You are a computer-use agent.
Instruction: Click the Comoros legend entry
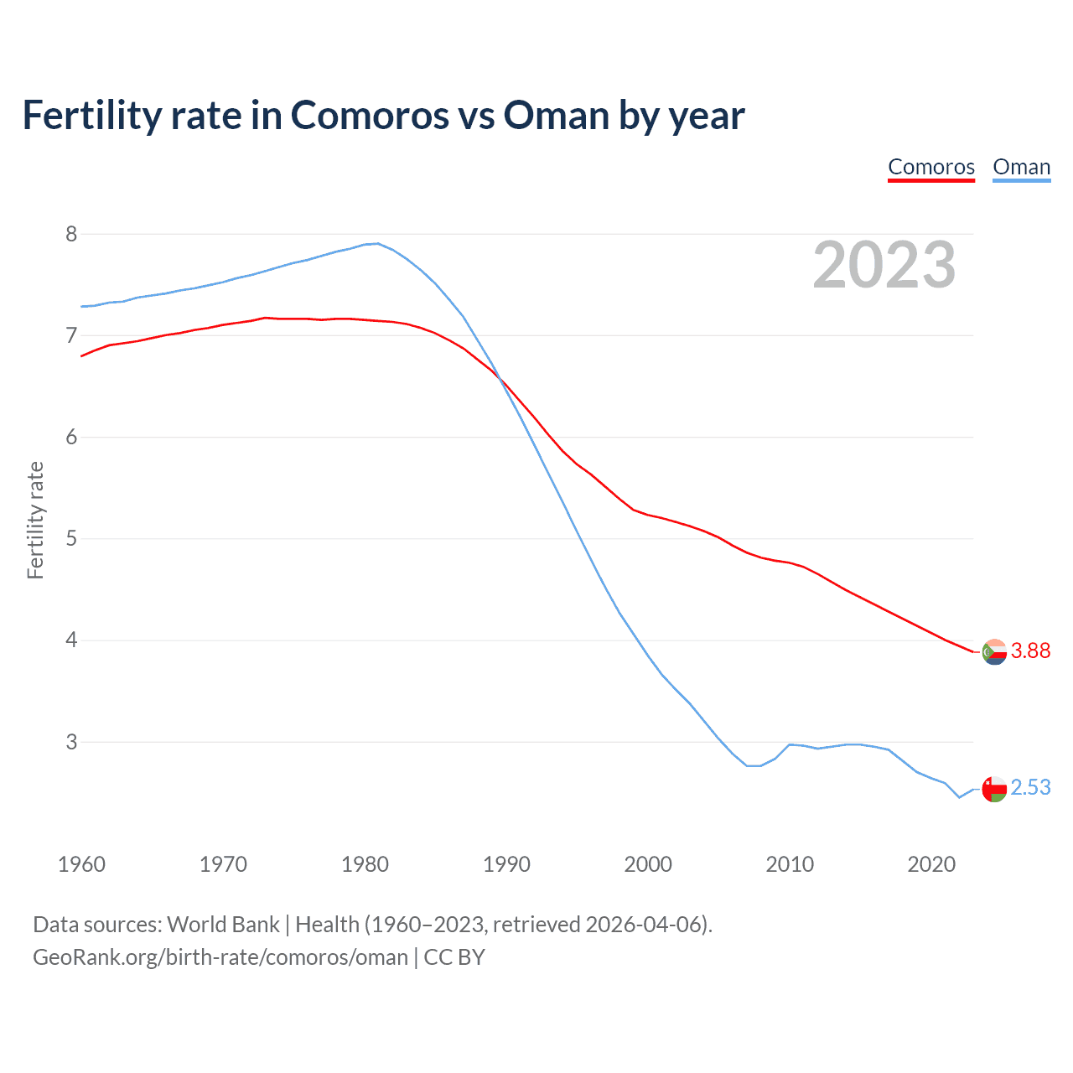pos(931,167)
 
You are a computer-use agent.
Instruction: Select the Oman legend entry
pos(1021,167)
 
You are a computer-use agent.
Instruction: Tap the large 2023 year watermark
pos(884,265)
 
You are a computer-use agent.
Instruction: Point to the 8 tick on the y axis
pos(71,234)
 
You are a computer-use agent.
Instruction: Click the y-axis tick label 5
pos(71,538)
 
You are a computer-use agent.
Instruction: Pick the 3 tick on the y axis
pos(71,742)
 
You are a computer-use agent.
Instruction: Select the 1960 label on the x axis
pos(81,864)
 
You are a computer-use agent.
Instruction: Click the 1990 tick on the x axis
pos(506,864)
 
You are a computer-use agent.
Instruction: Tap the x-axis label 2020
pos(931,864)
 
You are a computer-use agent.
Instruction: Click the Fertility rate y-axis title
pos(35,520)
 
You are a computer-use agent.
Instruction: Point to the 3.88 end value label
pos(1030,651)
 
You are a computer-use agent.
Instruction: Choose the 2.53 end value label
pos(1030,787)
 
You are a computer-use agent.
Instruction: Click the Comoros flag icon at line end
pos(994,651)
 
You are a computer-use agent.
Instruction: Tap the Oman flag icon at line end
pos(994,789)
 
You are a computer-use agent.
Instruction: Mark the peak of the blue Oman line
pos(378,243)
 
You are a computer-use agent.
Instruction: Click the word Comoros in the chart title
pos(370,115)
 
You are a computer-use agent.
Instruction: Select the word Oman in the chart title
pos(556,115)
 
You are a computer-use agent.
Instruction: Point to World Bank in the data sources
pos(223,924)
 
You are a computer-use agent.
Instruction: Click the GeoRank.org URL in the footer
pos(220,956)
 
